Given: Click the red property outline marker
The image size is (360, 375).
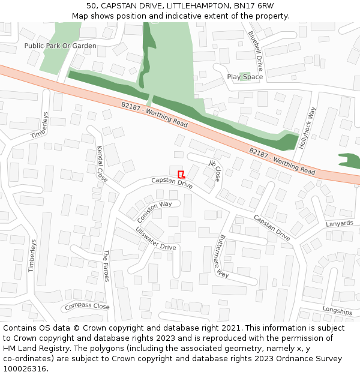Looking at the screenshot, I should tap(181, 174).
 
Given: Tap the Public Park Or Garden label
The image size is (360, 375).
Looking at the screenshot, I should tap(60, 46).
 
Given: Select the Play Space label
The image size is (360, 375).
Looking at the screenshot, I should tap(245, 77).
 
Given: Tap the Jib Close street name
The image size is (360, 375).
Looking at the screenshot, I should tap(215, 170).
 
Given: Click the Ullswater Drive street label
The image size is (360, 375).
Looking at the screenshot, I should tap(156, 239).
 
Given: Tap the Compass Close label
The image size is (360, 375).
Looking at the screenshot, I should tap(88, 306).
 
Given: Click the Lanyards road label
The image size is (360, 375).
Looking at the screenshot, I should tap(340, 224).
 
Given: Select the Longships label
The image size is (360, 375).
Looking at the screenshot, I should tap(337, 311).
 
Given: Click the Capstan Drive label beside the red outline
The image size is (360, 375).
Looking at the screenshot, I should tap(172, 182).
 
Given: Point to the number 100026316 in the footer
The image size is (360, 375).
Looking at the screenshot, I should tap(25, 368).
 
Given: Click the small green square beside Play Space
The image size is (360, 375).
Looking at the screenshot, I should tap(244, 76).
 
